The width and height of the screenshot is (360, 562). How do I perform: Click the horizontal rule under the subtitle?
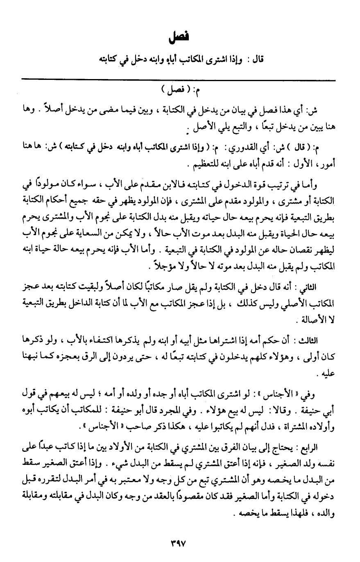coord(180,79)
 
